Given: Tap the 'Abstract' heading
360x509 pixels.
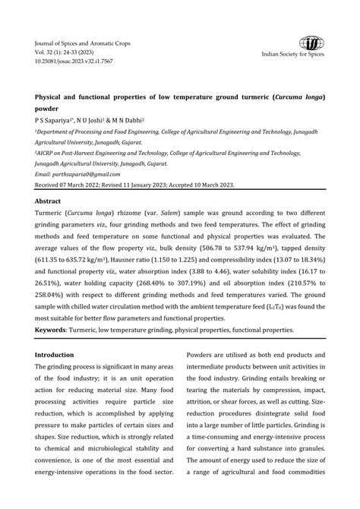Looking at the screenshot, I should click(49, 201).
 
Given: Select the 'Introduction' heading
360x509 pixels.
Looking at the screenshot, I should click(55, 355).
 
